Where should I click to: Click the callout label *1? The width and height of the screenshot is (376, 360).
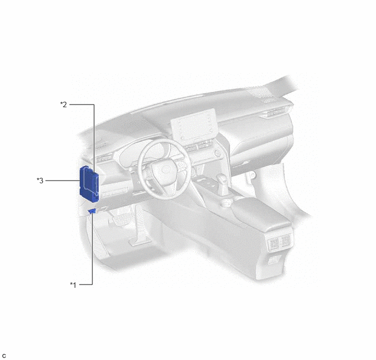click(x=73, y=285)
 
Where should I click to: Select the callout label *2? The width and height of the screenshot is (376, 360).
click(x=63, y=104)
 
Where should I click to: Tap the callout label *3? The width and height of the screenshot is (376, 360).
click(x=40, y=181)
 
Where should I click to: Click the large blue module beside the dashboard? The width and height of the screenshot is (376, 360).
click(x=89, y=184)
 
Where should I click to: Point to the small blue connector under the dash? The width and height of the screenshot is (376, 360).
click(x=92, y=211)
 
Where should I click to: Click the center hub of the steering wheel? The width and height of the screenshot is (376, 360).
click(x=165, y=171)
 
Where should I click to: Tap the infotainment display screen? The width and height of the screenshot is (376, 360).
click(x=193, y=124)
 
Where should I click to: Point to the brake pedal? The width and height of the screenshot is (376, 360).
click(x=122, y=219)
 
